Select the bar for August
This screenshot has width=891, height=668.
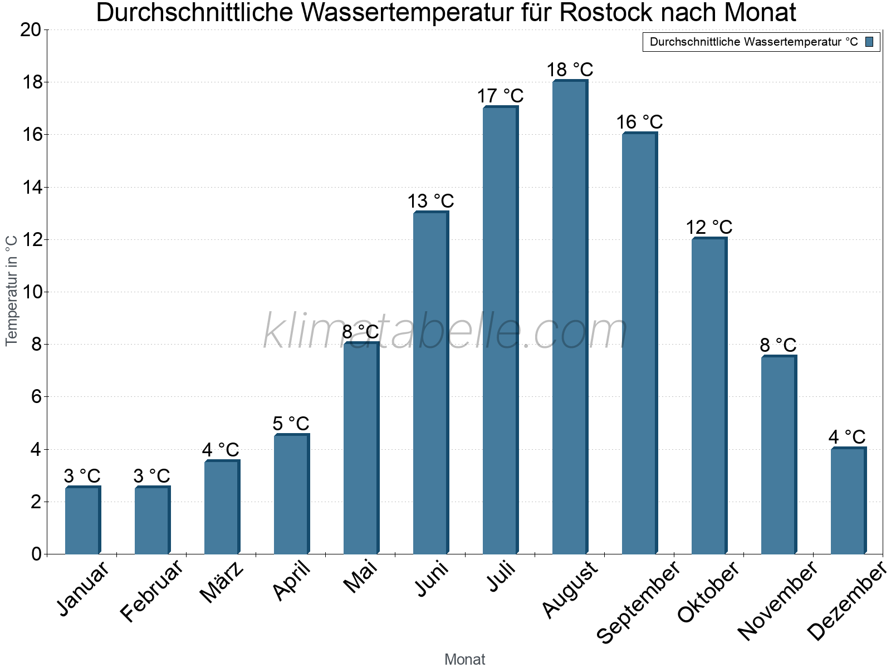[570, 317]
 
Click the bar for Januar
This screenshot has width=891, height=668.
[82, 520]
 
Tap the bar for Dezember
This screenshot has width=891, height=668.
[848, 500]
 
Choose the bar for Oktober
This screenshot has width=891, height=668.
[709, 396]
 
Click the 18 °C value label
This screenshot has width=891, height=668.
[570, 70]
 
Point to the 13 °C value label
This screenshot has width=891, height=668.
[430, 201]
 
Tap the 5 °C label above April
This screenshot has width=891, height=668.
[291, 424]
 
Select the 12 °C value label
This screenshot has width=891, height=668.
[709, 227]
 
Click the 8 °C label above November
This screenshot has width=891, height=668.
[778, 345]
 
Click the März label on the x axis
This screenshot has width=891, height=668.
[221, 582]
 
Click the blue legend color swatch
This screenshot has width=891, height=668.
[869, 42]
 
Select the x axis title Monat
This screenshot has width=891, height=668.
[464, 660]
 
